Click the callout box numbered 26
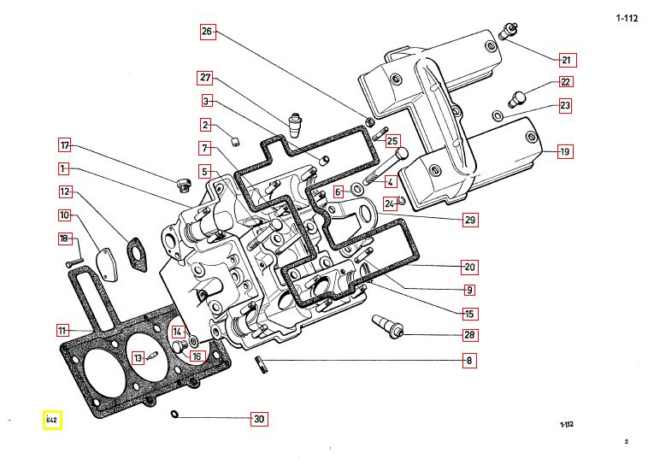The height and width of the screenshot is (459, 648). [x=206, y=32]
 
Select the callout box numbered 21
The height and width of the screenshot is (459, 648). [x=566, y=60]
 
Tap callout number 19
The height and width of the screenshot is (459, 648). [x=564, y=152]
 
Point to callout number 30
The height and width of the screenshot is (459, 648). [x=259, y=419]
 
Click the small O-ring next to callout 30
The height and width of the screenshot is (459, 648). [x=174, y=415]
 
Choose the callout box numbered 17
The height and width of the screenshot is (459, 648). [x=65, y=144]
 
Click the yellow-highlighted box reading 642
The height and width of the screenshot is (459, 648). [x=52, y=420]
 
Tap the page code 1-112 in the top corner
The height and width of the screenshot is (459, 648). [x=627, y=17]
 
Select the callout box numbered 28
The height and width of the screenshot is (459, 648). [x=469, y=334]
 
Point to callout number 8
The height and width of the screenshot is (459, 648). [x=468, y=361]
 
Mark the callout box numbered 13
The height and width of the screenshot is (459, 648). [x=138, y=357]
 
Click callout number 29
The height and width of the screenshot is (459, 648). [x=469, y=220]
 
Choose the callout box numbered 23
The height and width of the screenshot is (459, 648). [x=566, y=105]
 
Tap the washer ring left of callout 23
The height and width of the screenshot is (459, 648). [x=498, y=115]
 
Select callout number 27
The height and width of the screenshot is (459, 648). [x=205, y=78]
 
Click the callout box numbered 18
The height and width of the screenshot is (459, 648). [x=64, y=238]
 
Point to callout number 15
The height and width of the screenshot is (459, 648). [x=469, y=314]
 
